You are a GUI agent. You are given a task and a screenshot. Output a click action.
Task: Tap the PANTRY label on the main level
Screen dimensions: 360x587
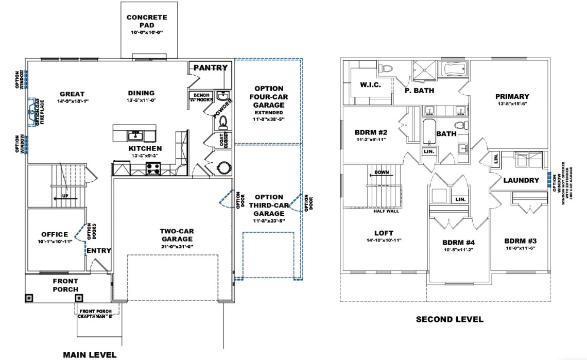[210, 67]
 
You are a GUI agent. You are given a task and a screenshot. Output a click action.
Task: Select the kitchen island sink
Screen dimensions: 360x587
[136, 135]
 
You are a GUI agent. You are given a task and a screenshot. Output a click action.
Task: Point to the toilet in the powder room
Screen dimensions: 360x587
[223, 121]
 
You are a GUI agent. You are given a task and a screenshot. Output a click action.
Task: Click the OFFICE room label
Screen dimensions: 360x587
[55, 234]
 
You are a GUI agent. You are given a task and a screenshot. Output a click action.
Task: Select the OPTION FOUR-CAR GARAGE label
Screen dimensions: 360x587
[268, 96]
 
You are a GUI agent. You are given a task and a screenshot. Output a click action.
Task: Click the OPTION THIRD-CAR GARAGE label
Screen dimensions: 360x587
[269, 205]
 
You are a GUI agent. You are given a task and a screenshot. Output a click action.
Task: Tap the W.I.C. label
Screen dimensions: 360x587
[370, 84]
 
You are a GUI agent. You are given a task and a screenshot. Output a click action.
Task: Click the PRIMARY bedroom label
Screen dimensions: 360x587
[512, 96]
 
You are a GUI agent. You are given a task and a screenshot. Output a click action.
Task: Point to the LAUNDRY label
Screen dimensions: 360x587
[522, 180]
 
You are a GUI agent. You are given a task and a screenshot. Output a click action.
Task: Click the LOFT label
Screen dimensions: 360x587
[383, 232]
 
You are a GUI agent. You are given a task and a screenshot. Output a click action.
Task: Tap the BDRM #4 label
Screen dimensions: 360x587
[458, 243]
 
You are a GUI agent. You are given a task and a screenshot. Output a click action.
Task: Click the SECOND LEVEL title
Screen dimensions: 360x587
[450, 319]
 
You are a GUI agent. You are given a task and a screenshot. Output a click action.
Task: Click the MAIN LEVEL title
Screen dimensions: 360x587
[89, 354]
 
